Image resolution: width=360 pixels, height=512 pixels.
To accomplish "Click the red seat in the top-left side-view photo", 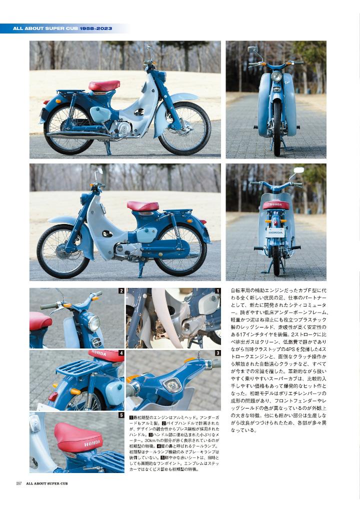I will click(x=104, y=85).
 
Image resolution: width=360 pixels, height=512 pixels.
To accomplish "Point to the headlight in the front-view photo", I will click(x=276, y=76).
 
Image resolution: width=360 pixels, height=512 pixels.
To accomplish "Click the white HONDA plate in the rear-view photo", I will click(x=275, y=232).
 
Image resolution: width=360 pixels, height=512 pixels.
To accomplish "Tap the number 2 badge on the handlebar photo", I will click(x=121, y=291).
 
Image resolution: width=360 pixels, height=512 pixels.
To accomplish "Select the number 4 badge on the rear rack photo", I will click(x=121, y=353).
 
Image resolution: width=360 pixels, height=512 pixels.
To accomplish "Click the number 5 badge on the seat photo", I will click(x=121, y=415).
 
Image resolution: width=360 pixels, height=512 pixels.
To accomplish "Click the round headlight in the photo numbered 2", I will click(x=94, y=323).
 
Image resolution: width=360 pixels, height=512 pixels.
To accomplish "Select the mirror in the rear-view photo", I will click(x=299, y=170).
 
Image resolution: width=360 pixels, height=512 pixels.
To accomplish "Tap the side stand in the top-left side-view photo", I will click(x=107, y=148).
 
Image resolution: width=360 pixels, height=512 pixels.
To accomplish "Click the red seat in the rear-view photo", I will click(x=276, y=205).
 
